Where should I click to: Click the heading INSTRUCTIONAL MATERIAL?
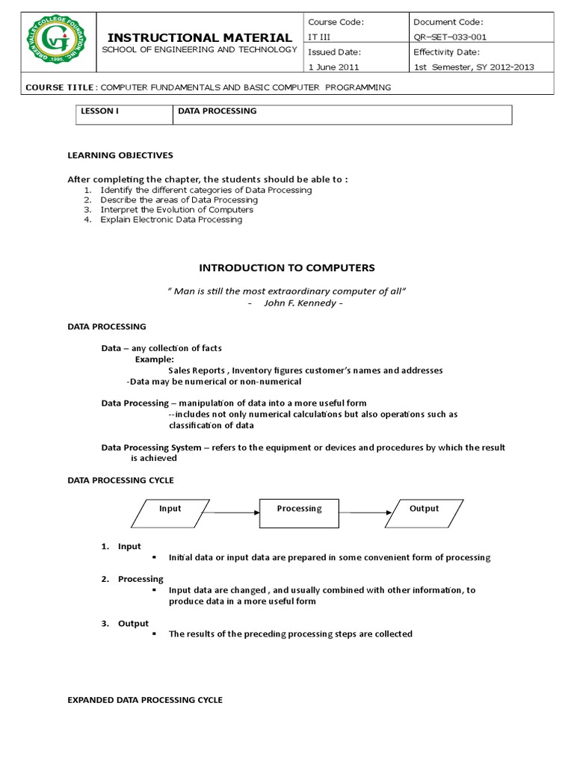(200, 37)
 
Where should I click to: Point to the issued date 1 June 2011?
(333, 66)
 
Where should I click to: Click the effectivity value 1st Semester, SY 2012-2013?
(474, 66)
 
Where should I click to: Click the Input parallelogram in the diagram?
(170, 512)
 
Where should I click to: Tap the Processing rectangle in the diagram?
(299, 512)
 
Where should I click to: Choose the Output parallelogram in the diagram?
(425, 512)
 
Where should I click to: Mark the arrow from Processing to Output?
(365, 512)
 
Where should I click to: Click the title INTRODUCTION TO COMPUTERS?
(286, 267)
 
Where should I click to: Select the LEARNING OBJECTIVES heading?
(120, 155)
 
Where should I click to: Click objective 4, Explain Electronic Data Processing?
(171, 220)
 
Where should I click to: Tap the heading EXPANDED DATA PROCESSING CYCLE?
(145, 700)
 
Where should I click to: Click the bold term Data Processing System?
(151, 447)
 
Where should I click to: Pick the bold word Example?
(154, 359)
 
